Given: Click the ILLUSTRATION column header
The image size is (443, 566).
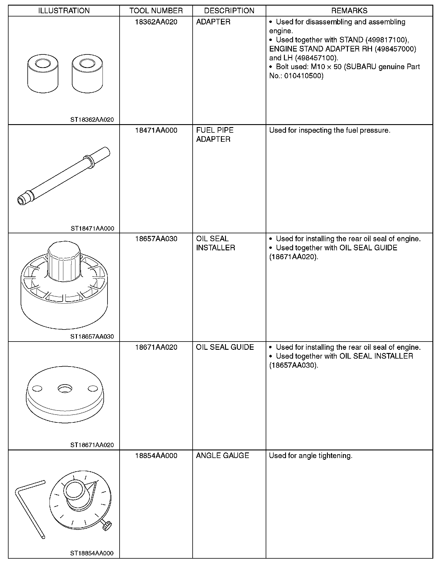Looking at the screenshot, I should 64,11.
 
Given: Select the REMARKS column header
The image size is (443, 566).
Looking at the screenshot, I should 349,11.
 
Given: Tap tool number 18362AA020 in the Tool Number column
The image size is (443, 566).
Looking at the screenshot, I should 156,22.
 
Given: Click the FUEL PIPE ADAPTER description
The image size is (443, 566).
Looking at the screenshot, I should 215,135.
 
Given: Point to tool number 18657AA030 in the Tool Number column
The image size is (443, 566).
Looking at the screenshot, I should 156,239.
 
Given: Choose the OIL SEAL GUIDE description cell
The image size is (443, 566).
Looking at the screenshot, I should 225,347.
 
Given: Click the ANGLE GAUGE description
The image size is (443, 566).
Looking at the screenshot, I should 222,456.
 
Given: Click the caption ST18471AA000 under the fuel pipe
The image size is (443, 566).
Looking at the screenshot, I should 92,229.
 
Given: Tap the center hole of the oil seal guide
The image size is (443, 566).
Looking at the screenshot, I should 64,389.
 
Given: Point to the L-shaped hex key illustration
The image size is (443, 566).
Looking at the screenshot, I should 28,506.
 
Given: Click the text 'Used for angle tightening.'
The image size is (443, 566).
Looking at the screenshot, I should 311,456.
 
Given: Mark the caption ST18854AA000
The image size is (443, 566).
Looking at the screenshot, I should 92,553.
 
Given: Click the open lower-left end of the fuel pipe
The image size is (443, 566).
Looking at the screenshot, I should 21,201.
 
